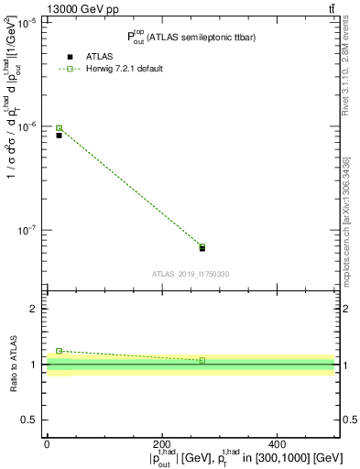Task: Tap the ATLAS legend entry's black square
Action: tap(70, 57)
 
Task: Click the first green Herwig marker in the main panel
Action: tap(59, 128)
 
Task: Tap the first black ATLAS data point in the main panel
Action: tap(59, 136)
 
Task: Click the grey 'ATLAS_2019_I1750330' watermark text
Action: tap(191, 274)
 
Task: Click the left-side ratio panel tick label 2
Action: tap(35, 310)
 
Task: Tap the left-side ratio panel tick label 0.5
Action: tap(30, 420)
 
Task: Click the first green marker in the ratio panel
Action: tap(59, 351)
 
